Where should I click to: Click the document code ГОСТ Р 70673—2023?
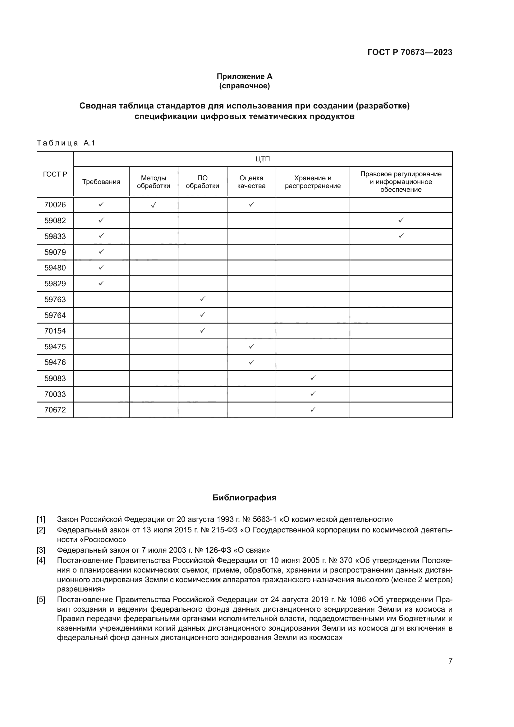[410, 52]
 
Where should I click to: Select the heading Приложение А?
[244, 76]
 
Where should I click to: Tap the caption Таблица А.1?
[66, 143]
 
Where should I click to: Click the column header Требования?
[101, 182]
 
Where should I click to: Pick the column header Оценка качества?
[251, 182]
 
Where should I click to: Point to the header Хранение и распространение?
[312, 182]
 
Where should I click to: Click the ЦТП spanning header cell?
[262, 159]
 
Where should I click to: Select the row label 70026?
[55, 205]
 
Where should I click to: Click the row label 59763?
[55, 300]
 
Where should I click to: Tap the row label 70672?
[55, 410]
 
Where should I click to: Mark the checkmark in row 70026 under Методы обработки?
[154, 205]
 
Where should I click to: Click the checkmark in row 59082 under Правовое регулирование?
[401, 220]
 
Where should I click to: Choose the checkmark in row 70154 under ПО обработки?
[203, 330]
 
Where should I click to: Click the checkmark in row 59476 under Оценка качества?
[251, 362]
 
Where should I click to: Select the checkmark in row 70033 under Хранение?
[313, 393]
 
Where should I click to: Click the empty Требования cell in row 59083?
[101, 378]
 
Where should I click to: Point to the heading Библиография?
[244, 498]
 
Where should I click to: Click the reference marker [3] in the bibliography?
[41, 550]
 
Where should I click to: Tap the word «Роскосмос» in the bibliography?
[91, 539]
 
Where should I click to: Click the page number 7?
[450, 661]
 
